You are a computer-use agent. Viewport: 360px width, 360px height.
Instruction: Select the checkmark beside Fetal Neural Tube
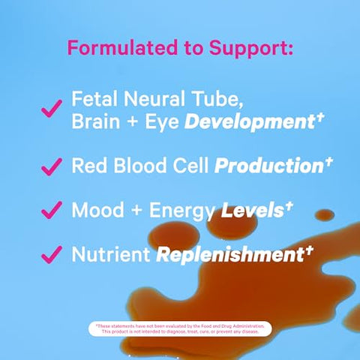[51, 109]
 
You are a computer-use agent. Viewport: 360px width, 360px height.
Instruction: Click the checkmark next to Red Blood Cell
[51, 166]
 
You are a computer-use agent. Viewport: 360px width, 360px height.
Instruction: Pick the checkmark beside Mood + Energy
[51, 211]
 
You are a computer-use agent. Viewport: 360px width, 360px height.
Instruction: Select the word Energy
[181, 211]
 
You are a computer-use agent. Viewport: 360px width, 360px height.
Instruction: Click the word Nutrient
[109, 255]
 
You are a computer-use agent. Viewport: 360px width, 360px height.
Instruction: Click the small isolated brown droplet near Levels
[324, 215]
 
